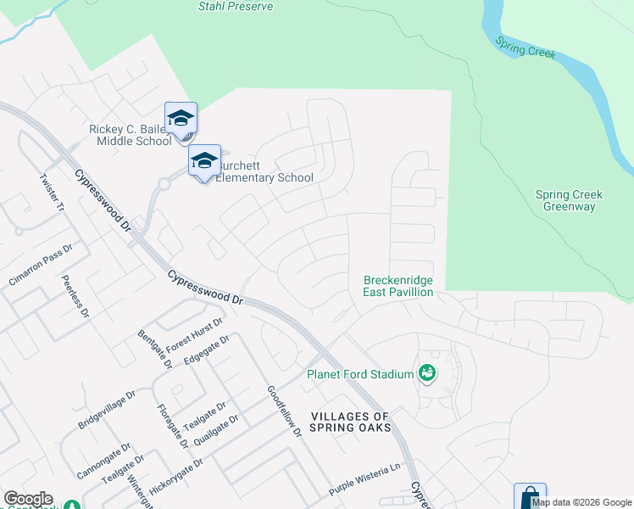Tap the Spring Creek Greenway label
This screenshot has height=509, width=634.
[x=569, y=200]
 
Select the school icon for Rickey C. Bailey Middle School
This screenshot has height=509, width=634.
[x=181, y=118]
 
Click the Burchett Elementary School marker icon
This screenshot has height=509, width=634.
[x=204, y=160]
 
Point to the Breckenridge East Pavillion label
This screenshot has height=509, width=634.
[x=398, y=286]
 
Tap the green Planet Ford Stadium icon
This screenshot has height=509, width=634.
[x=427, y=372]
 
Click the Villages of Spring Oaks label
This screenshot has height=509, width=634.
[x=350, y=422]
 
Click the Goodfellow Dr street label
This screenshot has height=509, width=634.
[x=284, y=411]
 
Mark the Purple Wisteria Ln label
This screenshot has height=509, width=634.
[x=364, y=492]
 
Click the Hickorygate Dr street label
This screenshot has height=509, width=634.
[x=175, y=478]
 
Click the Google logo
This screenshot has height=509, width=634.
[x=28, y=499]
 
